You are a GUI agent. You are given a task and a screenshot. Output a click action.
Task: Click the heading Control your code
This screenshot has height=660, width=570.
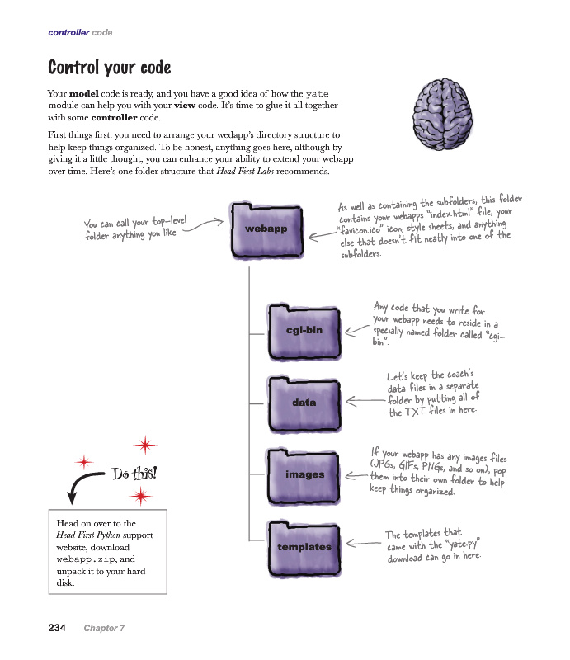tap(109, 67)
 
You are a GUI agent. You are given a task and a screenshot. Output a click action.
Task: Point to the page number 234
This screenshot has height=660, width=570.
tap(57, 628)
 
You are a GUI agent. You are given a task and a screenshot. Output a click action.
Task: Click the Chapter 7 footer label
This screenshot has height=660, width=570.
tap(104, 629)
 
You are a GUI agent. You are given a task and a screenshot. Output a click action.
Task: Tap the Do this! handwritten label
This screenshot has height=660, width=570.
tap(134, 474)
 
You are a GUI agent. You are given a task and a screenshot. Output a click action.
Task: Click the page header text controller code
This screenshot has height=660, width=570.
tap(80, 33)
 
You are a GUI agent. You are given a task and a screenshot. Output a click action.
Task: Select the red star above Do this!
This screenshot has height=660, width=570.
tap(145, 445)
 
